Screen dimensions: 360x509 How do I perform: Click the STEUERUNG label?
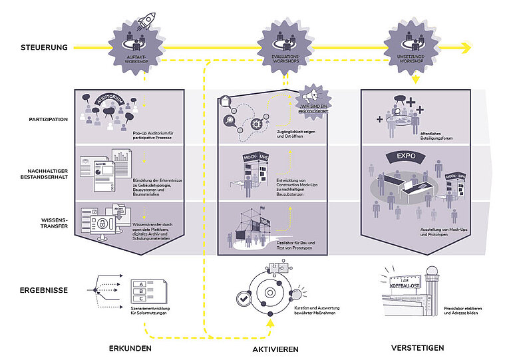tap(44, 48)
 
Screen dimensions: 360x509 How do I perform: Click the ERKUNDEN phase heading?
tap(130, 348)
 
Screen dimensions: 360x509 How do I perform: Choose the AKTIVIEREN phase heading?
tap(274, 349)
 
